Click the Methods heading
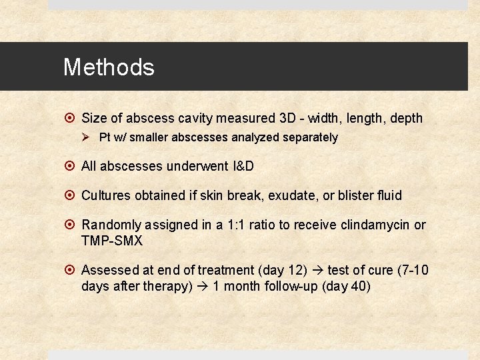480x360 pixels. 109,67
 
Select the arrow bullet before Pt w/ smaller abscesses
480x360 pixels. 85,138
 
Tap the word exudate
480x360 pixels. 289,195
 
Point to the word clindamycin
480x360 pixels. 375,225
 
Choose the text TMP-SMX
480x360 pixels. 112,240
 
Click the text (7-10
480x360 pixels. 412,270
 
